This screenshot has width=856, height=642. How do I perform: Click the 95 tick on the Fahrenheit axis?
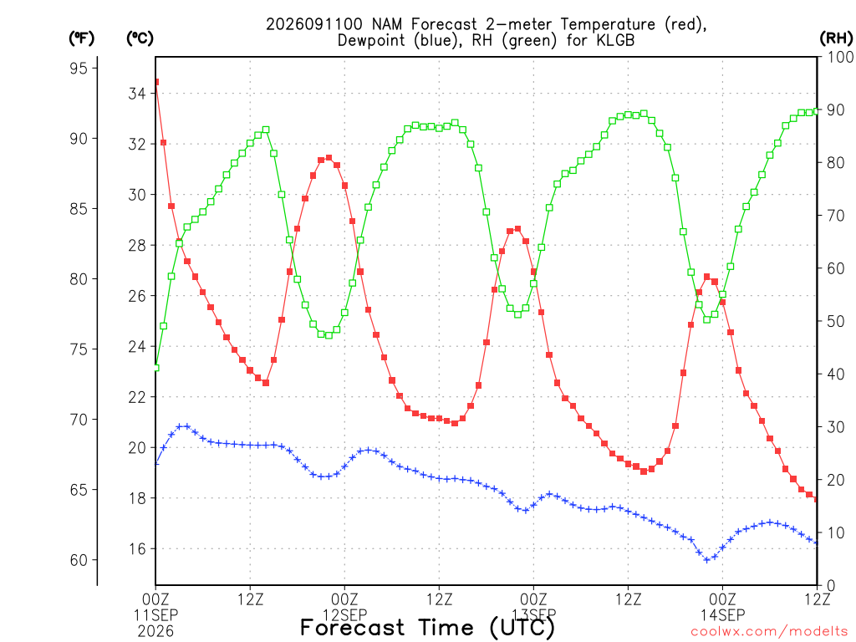(79, 69)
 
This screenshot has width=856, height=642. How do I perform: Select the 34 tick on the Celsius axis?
(137, 94)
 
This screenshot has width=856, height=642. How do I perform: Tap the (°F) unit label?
(81, 38)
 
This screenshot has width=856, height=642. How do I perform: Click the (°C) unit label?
(140, 38)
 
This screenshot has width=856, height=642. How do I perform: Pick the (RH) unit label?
(836, 38)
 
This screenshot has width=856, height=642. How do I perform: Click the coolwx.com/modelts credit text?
(769, 631)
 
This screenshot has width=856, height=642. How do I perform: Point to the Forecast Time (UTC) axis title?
(427, 627)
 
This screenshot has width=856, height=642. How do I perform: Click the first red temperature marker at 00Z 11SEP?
(156, 82)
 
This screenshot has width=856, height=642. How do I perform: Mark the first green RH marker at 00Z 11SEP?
(156, 368)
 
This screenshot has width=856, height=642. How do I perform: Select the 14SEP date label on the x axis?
(723, 615)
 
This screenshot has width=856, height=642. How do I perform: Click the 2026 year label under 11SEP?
(155, 631)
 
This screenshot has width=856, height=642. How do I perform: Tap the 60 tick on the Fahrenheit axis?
(79, 560)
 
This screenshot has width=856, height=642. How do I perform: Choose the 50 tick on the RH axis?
(836, 321)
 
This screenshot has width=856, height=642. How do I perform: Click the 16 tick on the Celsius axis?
(137, 548)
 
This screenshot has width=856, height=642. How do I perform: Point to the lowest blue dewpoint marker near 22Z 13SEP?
(707, 560)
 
